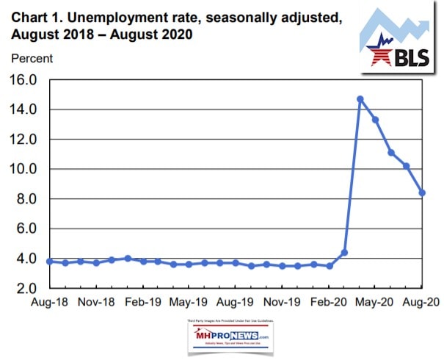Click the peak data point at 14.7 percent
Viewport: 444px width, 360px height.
point(360,98)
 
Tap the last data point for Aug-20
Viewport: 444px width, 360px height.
point(422,192)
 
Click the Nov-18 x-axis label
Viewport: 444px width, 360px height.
point(96,302)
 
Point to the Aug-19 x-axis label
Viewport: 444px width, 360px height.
point(236,302)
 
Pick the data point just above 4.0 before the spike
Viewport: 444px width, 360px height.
point(344,252)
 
